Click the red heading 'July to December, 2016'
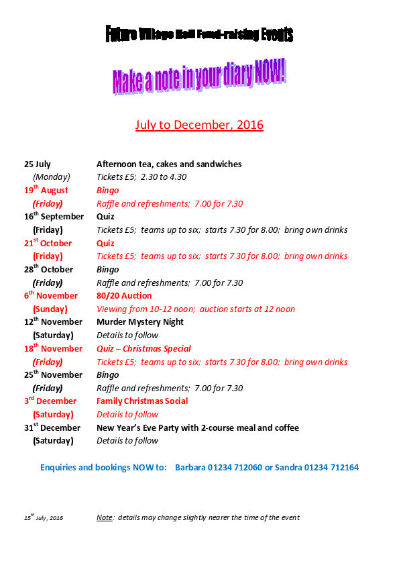coord(199,125)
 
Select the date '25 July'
coord(38,164)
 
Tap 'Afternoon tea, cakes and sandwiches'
coord(169,164)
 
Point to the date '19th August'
coord(46,191)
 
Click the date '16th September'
coord(54,217)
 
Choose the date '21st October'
coord(48,243)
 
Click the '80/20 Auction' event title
coord(124,295)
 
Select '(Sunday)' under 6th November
coord(50,309)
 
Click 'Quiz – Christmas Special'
coord(144,348)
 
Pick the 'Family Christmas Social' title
coord(142,401)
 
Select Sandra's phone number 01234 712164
coord(330,467)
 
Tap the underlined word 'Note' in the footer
coord(104,517)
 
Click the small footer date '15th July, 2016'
coord(44,517)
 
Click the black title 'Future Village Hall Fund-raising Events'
coord(199,34)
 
